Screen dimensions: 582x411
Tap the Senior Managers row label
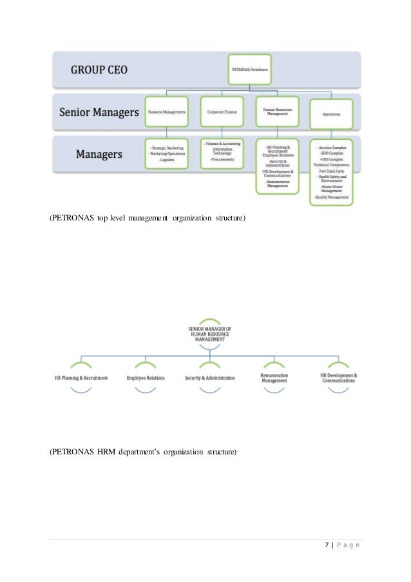point(99,112)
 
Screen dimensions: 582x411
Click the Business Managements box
point(166,112)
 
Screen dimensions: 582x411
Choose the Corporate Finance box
point(222,112)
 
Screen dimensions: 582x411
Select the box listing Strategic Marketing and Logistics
point(166,155)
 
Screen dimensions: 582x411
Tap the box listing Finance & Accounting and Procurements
point(222,154)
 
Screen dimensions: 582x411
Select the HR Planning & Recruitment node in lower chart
point(81,377)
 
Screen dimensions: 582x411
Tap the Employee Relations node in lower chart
point(146,377)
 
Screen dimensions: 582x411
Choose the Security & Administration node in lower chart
point(210,377)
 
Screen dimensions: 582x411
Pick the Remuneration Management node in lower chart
point(274,377)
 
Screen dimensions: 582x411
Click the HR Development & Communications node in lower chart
point(339,377)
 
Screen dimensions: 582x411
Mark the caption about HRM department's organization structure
point(143,452)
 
